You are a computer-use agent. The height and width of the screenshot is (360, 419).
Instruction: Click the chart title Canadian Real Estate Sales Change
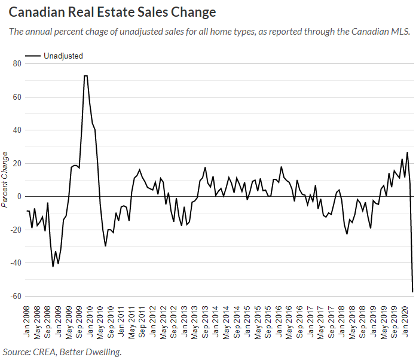(113, 12)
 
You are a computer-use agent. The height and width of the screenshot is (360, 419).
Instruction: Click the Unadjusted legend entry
(63, 56)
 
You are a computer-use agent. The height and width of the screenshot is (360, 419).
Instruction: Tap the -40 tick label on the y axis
(16, 263)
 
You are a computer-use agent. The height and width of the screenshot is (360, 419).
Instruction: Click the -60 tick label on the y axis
(16, 296)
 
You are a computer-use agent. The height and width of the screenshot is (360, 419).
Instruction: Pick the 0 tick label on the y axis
(20, 197)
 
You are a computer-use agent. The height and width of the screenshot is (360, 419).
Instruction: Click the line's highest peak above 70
(85, 76)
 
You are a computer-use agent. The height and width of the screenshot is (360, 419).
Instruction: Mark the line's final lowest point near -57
(413, 292)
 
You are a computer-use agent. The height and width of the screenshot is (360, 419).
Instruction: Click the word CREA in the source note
(48, 352)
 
